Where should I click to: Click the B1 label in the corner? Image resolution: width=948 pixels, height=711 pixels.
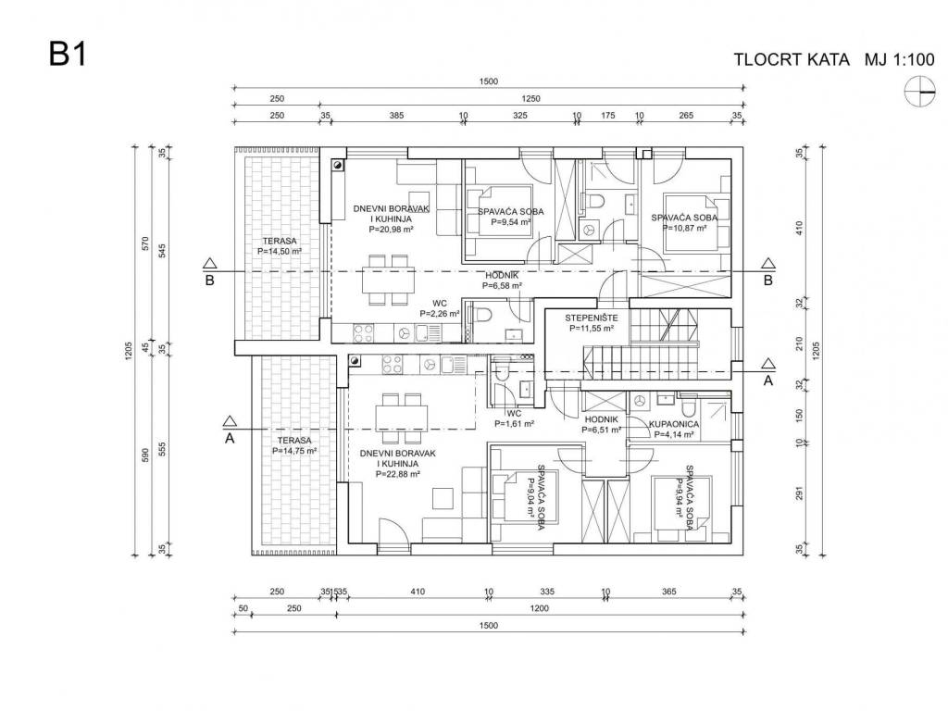(x=68, y=55)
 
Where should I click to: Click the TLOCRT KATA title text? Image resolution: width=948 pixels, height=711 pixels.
(x=792, y=60)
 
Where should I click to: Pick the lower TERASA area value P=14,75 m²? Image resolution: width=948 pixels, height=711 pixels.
(x=294, y=451)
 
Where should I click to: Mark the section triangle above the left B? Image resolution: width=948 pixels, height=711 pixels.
(x=209, y=263)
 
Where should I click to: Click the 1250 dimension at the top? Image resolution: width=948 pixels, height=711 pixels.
(x=530, y=99)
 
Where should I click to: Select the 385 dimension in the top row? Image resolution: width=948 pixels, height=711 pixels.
(x=395, y=117)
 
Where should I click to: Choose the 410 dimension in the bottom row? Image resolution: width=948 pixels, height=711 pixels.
(x=417, y=592)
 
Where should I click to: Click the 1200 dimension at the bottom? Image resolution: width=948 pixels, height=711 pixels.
(x=539, y=609)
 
